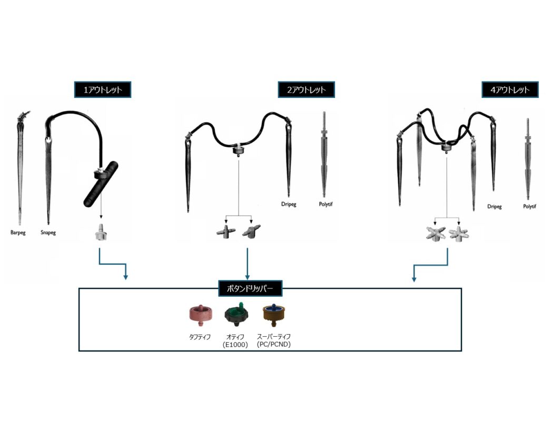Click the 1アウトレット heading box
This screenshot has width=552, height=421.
103,89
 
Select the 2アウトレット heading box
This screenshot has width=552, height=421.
306,89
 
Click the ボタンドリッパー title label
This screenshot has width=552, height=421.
250,288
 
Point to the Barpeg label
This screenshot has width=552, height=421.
18,232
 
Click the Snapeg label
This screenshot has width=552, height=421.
48,232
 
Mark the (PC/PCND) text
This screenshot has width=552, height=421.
273,344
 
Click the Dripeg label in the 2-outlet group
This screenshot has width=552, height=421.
288,204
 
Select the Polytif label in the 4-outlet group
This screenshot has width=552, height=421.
529,207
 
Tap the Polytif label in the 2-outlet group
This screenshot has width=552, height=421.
327,204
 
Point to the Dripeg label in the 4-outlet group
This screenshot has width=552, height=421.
494,207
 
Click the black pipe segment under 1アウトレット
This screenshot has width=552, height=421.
101,184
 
